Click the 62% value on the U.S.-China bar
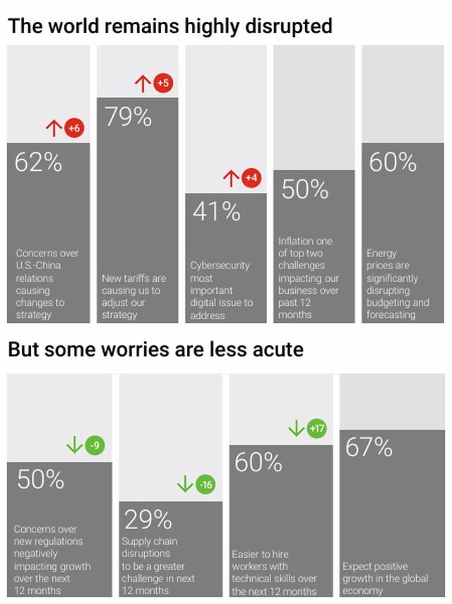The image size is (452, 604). (x=38, y=163)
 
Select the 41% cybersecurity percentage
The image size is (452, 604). (x=216, y=211)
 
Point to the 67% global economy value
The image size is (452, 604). (x=369, y=448)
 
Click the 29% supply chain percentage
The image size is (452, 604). (x=148, y=520)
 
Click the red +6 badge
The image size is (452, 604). (x=73, y=128)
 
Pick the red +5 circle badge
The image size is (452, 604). (x=163, y=83)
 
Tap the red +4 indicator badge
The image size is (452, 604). (x=251, y=178)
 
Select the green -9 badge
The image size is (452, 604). (x=95, y=445)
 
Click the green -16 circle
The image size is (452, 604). (x=206, y=485)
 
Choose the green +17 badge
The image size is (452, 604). (x=317, y=428)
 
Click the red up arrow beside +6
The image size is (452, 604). (x=54, y=128)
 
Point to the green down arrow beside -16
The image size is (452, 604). (x=185, y=485)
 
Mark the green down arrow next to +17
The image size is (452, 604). (x=297, y=428)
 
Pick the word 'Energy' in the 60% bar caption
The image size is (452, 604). (x=381, y=253)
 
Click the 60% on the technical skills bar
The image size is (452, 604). (x=258, y=463)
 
